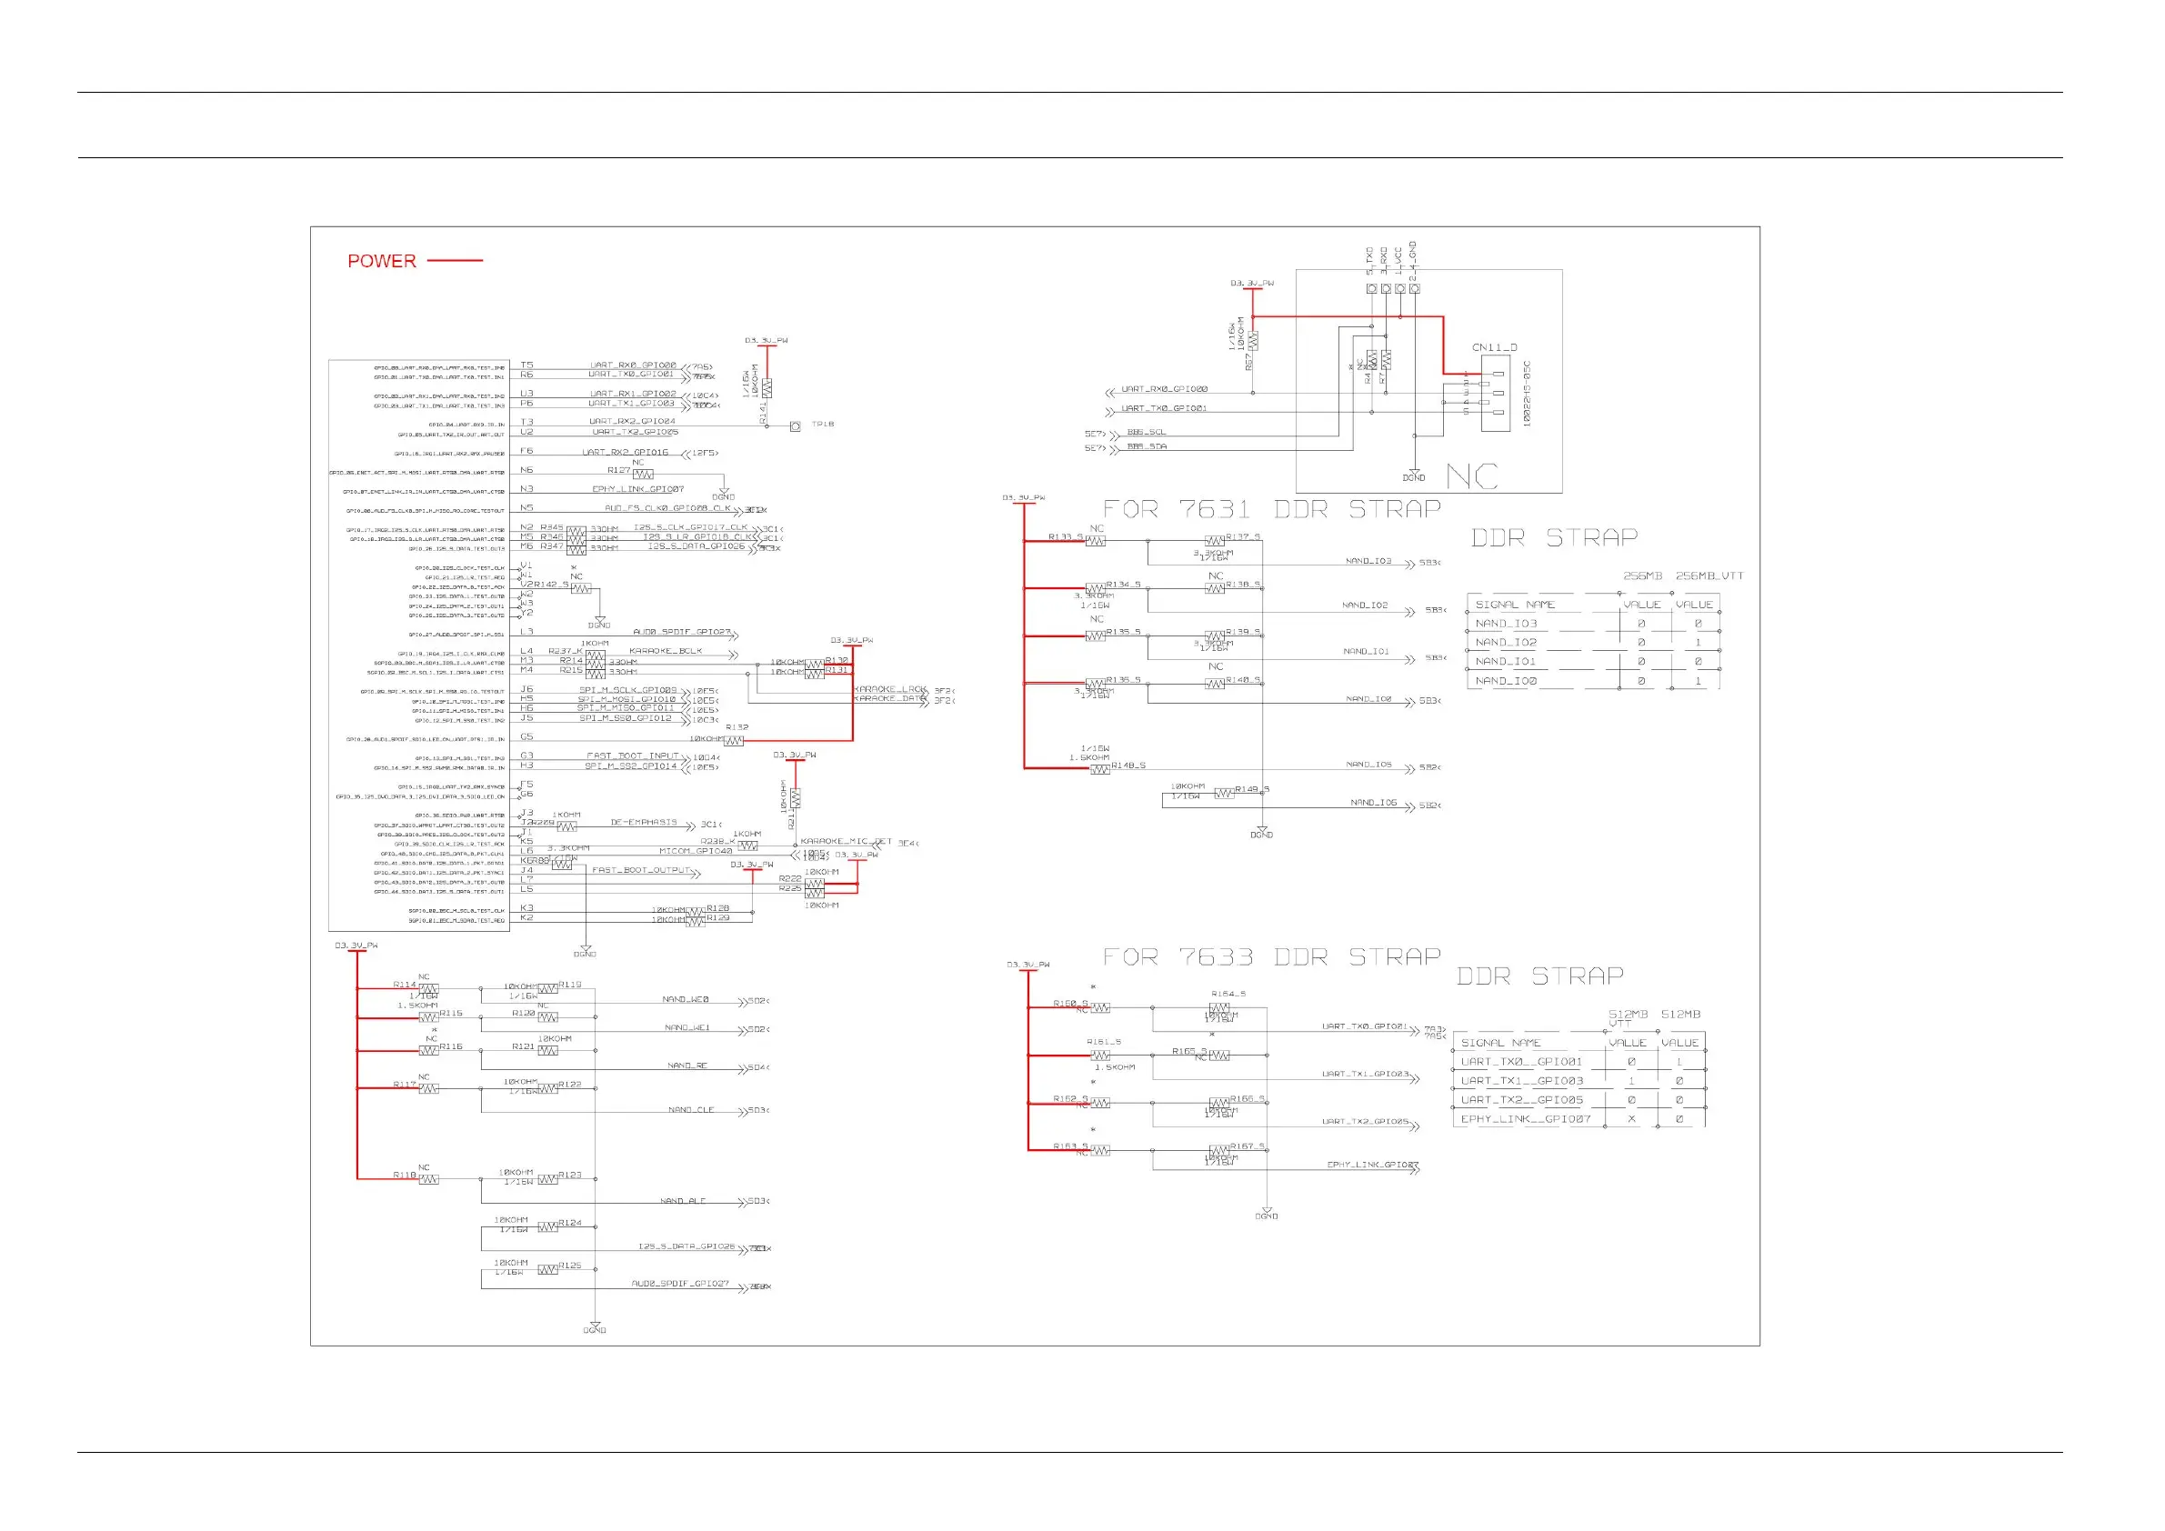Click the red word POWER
coord(381,261)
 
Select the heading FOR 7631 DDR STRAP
coord(1272,510)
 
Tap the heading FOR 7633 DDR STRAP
coord(1272,958)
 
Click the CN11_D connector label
coord(1495,348)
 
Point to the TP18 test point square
coord(795,426)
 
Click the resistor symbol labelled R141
coord(767,387)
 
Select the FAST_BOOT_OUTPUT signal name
coord(641,871)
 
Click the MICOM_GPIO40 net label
coord(695,851)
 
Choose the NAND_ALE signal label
coord(683,1202)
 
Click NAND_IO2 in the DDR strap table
coord(1506,643)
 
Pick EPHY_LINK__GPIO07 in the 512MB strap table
coord(1526,1120)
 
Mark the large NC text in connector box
coord(1471,476)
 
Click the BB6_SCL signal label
coord(1147,433)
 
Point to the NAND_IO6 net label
coord(1373,803)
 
